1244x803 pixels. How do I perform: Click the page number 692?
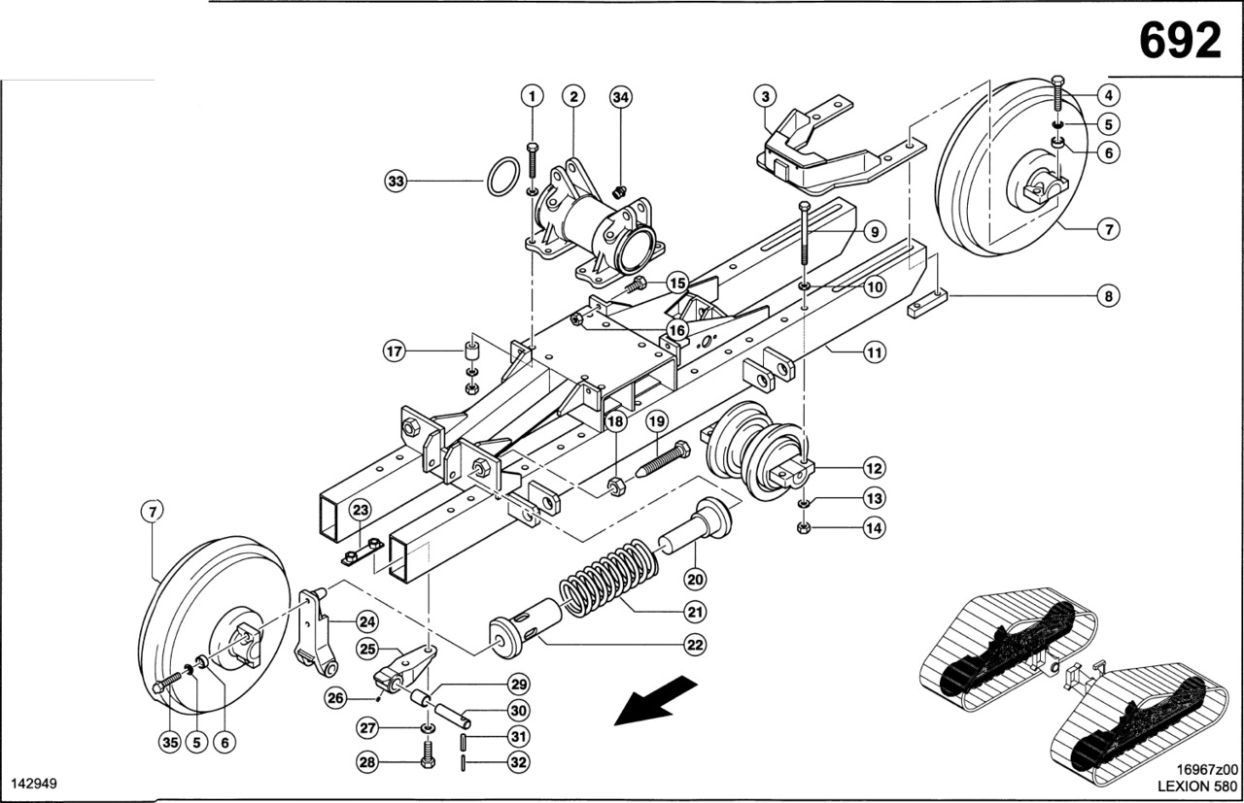(1179, 41)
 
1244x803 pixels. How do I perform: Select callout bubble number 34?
(621, 96)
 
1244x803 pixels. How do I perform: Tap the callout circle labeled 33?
(395, 181)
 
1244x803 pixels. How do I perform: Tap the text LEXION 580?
(1196, 786)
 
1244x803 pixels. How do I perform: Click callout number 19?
(658, 421)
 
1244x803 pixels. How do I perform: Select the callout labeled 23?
(360, 510)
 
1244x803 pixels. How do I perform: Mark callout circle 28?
(367, 763)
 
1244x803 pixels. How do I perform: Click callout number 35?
(170, 743)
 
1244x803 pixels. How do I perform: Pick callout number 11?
(875, 352)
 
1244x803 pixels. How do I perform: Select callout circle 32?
(519, 763)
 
